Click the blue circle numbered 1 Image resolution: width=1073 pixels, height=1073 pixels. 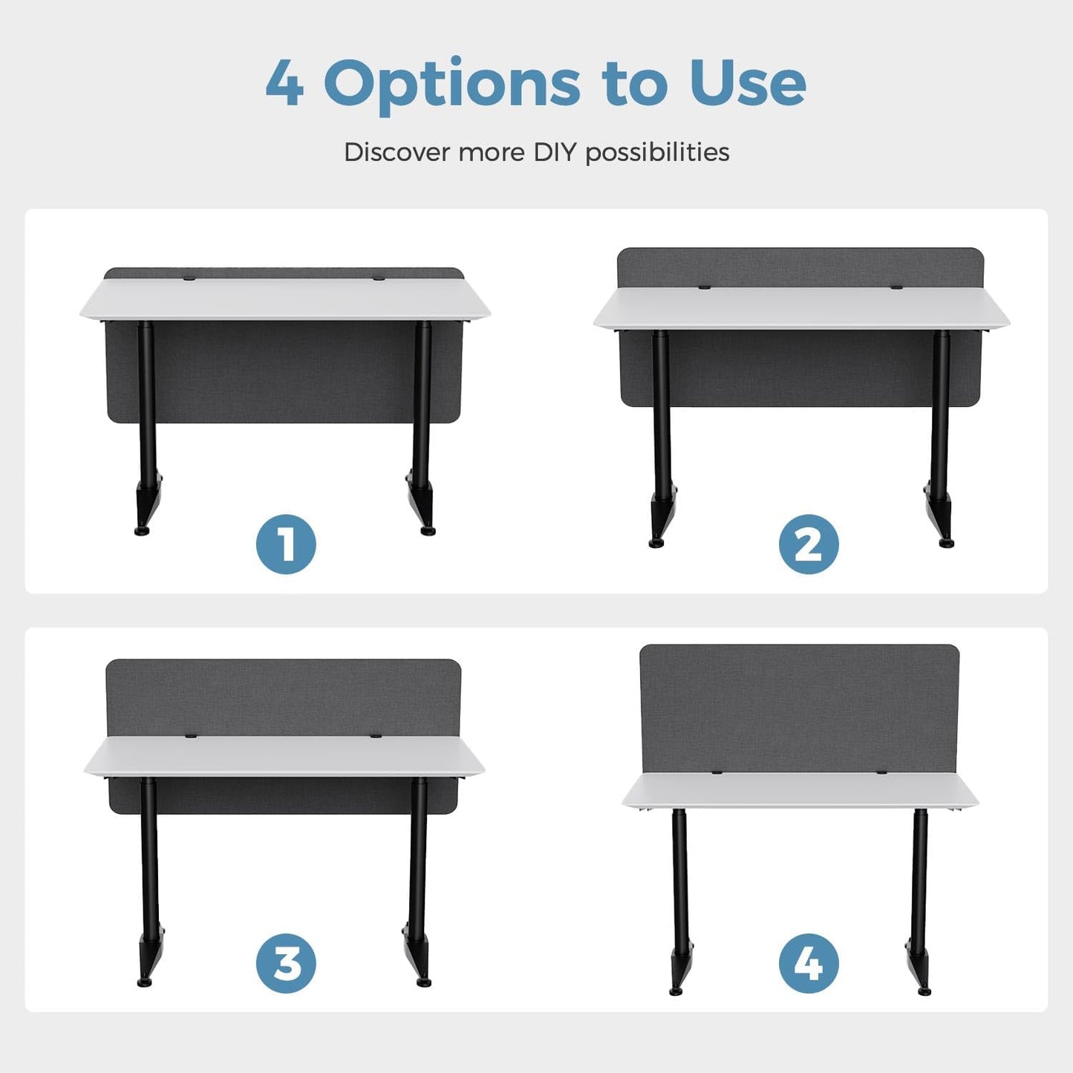[x=286, y=544]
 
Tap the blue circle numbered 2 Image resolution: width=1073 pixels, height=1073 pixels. [x=809, y=544]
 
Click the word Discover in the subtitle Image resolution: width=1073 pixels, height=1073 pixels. [x=397, y=152]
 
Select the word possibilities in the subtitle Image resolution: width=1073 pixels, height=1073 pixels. [x=658, y=153]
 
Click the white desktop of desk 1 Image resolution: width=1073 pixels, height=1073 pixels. [x=285, y=299]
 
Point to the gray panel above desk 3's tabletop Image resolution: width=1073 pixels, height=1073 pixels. [x=284, y=699]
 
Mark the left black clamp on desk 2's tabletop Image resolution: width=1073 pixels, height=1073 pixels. [x=705, y=287]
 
